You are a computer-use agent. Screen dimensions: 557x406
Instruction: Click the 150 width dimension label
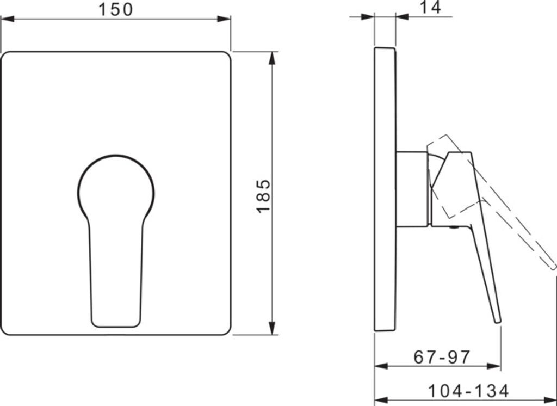pyautogui.click(x=115, y=10)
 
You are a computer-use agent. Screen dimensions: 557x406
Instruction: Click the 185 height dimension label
pyautogui.click(x=264, y=196)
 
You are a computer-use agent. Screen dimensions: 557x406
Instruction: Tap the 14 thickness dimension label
pyautogui.click(x=431, y=7)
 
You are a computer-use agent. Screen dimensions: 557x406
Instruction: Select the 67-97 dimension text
pyautogui.click(x=442, y=356)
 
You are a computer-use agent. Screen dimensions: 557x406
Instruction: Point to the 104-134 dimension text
pyautogui.click(x=468, y=391)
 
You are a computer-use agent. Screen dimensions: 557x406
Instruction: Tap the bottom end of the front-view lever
pyautogui.click(x=116, y=326)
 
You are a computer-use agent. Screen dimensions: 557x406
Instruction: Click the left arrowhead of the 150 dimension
pyautogui.click(x=8, y=19)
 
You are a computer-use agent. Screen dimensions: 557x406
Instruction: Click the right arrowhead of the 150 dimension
pyautogui.click(x=224, y=19)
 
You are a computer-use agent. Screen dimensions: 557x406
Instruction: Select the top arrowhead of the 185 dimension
pyautogui.click(x=272, y=58)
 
